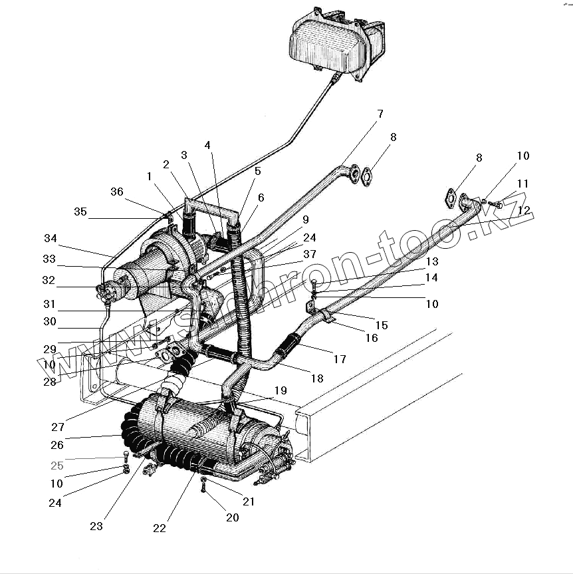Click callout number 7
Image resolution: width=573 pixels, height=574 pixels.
click(380, 114)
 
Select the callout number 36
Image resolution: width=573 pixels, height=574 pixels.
click(117, 192)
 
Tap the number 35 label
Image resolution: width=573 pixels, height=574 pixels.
click(80, 212)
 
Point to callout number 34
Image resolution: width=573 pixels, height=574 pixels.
click(51, 238)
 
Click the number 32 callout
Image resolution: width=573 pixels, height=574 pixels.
click(48, 280)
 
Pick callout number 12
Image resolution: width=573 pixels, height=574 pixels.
click(524, 210)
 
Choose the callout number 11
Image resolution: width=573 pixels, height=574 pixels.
click(523, 183)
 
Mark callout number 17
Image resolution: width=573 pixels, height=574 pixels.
click(340, 359)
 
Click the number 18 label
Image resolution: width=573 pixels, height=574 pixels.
click(317, 378)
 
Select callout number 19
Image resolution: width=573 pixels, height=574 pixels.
click(280, 390)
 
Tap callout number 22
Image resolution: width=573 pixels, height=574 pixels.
click(159, 528)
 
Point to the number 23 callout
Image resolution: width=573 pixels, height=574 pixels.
click(96, 525)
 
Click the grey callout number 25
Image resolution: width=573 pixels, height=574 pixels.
click(57, 466)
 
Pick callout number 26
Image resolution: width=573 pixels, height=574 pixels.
click(57, 444)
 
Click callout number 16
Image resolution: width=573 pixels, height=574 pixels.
click(371, 338)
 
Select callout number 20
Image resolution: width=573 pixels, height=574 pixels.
click(232, 517)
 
